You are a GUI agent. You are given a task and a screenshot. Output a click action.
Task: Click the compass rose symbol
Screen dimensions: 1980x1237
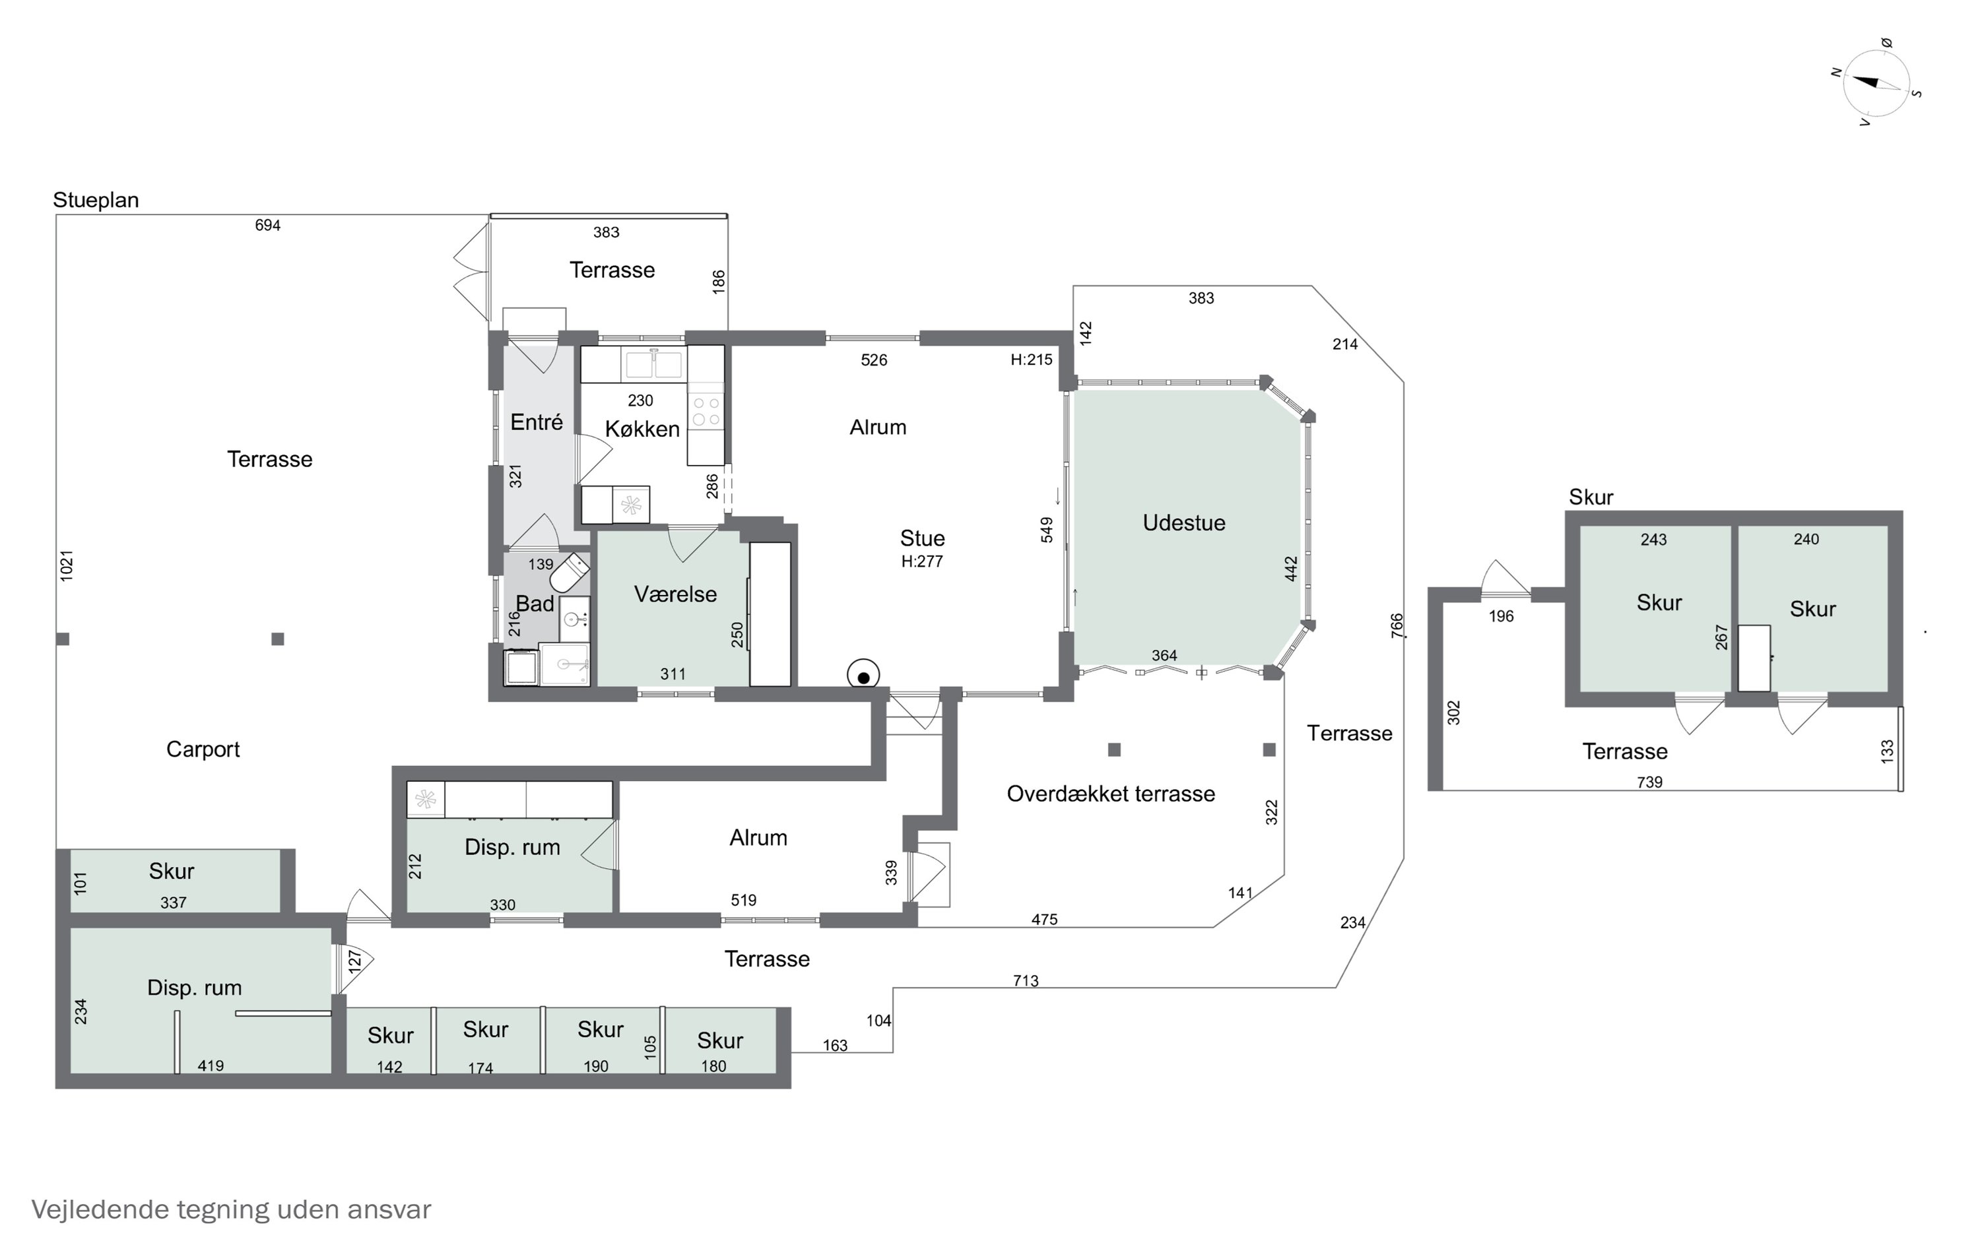coord(1876,83)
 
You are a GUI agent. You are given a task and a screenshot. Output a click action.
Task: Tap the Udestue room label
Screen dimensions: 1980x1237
coord(1184,523)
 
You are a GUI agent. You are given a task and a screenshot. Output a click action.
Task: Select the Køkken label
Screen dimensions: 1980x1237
coord(642,429)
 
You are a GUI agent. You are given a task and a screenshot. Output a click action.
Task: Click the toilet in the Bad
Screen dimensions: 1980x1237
coord(570,573)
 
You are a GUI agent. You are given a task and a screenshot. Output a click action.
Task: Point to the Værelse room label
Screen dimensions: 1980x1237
coord(675,594)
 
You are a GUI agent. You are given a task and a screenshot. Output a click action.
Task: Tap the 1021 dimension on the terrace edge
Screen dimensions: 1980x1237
coord(66,565)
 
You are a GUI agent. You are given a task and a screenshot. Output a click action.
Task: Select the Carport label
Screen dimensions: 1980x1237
coord(203,749)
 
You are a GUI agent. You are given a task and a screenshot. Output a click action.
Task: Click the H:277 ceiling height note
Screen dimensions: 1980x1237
coord(922,561)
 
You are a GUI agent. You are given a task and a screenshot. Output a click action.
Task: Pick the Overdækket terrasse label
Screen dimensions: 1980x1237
coord(1110,794)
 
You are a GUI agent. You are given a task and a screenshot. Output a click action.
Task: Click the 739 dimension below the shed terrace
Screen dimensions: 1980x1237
coord(1649,782)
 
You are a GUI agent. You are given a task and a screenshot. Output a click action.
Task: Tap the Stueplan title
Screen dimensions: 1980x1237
coord(96,201)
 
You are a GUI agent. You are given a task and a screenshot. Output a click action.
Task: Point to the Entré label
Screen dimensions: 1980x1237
coord(537,422)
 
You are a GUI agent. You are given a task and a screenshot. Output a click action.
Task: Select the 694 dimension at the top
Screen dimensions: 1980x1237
coord(267,225)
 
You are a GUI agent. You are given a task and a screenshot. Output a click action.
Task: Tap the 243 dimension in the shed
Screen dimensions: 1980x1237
coord(1653,539)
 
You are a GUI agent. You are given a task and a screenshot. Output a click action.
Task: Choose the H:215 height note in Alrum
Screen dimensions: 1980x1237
coord(1031,359)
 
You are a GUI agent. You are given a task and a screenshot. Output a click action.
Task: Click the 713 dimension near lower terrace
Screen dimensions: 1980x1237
coord(1026,980)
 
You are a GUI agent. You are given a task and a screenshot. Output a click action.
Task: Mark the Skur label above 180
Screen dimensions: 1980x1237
coord(720,1040)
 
